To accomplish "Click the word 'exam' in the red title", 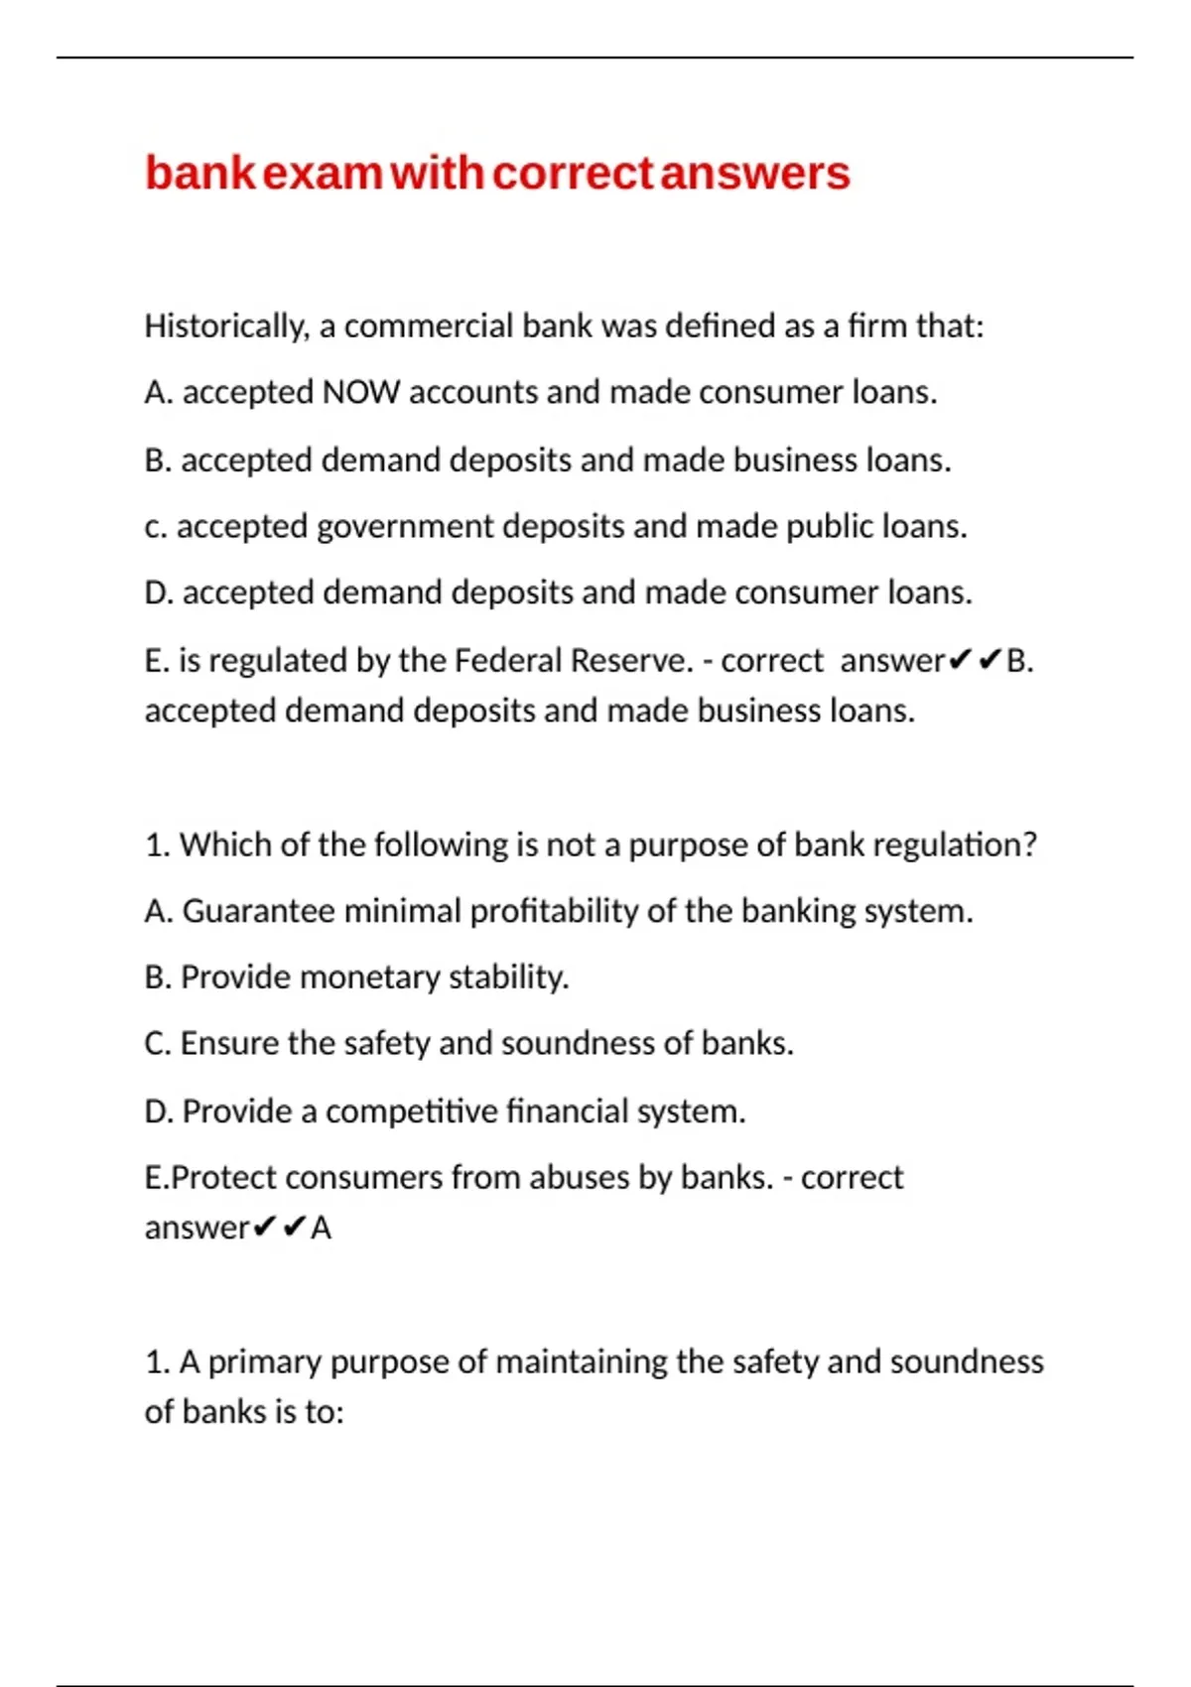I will click(x=323, y=174).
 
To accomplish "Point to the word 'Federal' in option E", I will click(x=508, y=661).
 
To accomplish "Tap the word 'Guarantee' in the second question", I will click(x=259, y=911).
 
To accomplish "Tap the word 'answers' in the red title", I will click(x=755, y=174).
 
